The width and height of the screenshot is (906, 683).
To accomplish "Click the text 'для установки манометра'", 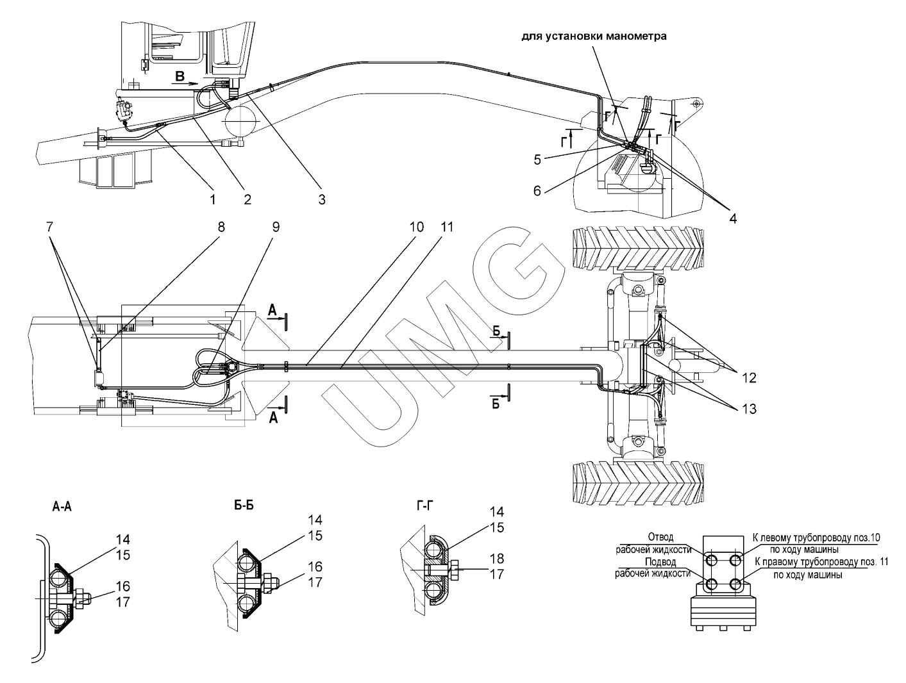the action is [594, 37].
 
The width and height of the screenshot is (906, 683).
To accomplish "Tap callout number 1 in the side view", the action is [213, 200].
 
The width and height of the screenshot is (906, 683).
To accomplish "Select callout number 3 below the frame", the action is [321, 200].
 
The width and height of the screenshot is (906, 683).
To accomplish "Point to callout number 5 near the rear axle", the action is [537, 159].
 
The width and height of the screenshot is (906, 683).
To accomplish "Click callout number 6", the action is [537, 190].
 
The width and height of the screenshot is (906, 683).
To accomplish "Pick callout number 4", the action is [733, 218].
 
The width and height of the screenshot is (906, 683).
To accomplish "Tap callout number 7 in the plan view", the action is [49, 227].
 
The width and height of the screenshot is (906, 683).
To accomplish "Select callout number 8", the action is [221, 227].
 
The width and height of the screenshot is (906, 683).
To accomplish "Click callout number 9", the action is [276, 227].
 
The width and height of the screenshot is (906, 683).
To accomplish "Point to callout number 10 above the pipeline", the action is [417, 227].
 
